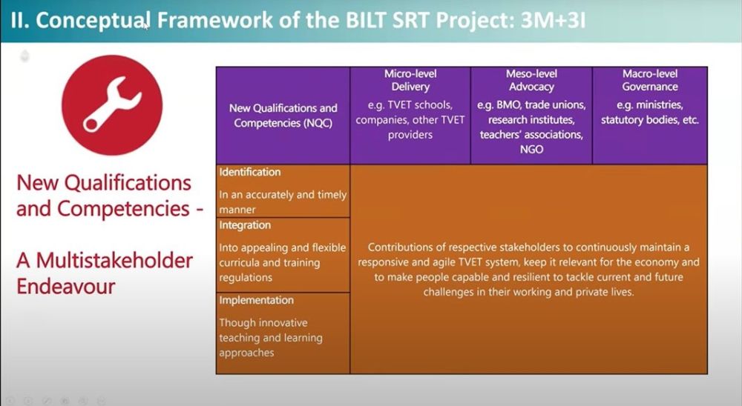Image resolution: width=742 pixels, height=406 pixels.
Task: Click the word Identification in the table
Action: [249, 172]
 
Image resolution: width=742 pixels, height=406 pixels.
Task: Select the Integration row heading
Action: [245, 225]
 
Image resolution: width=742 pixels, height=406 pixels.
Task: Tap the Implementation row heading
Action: [256, 300]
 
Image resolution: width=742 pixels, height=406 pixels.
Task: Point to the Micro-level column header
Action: [410, 74]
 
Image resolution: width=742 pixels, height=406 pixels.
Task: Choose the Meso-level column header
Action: [531, 74]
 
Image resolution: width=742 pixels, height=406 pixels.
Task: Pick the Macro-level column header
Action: [650, 74]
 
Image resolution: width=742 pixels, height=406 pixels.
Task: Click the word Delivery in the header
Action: [410, 87]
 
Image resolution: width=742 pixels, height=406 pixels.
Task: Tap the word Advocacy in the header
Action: [531, 87]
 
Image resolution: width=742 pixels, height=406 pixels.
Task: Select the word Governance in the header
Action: [650, 87]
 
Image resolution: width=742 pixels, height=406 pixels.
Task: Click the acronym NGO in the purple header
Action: [531, 149]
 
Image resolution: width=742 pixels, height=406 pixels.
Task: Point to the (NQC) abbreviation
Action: [313, 123]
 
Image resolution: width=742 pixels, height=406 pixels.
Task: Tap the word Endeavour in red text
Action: [66, 285]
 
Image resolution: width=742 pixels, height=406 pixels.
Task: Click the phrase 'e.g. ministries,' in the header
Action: [650, 104]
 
